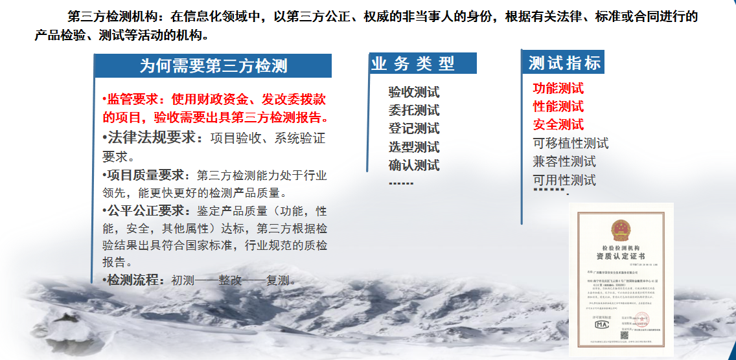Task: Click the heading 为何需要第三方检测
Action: point(213,66)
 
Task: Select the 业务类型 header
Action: point(413,63)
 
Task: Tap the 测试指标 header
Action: point(564,63)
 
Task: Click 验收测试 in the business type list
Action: point(413,93)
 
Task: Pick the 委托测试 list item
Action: point(413,111)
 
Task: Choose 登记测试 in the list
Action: point(413,129)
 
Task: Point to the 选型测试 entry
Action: point(413,147)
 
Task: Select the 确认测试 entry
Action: point(413,165)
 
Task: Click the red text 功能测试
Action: point(558,88)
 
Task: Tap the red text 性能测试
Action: point(558,106)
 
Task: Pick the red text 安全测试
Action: point(558,124)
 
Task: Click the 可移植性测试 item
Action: point(570,143)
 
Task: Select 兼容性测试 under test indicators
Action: point(564,161)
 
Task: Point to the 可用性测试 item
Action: point(564,180)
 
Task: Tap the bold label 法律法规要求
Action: point(151,137)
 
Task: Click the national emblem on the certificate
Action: point(620,229)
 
